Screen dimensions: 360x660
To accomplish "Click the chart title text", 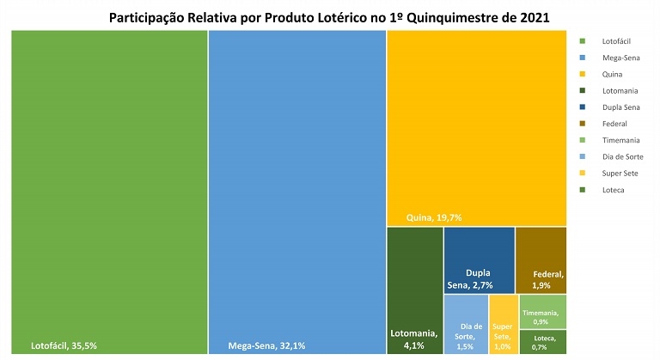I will [x=330, y=16].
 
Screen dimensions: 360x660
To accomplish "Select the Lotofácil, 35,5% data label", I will [x=64, y=345].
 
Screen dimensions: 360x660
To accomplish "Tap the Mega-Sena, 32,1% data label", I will [x=266, y=345].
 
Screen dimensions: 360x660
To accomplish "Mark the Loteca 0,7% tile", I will [x=542, y=342].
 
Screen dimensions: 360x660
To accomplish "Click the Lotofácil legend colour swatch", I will [x=583, y=40].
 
